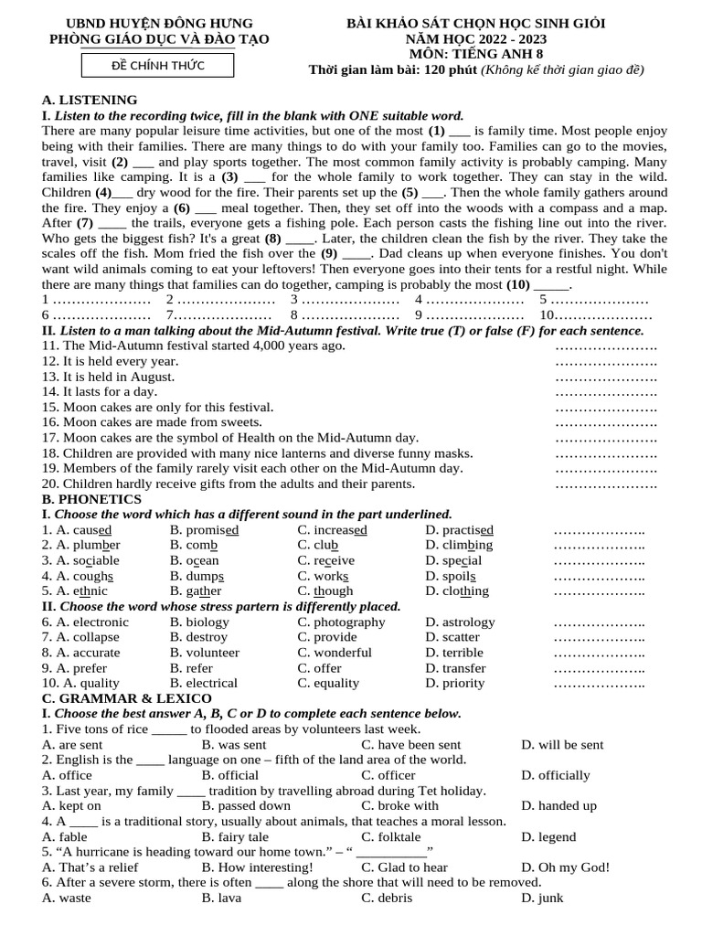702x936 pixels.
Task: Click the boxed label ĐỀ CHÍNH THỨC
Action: coord(157,65)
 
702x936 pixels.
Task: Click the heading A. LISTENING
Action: coord(90,100)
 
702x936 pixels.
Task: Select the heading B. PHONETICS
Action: coord(91,499)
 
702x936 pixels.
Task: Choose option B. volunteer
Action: coord(205,653)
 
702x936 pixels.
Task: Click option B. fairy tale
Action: coord(235,836)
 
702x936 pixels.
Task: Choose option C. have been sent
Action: coord(410,745)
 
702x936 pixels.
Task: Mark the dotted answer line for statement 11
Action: coord(606,346)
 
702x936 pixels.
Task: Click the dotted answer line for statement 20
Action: coord(606,484)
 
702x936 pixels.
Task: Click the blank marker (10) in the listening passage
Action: coord(518,284)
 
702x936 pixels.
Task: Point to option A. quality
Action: coord(80,683)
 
